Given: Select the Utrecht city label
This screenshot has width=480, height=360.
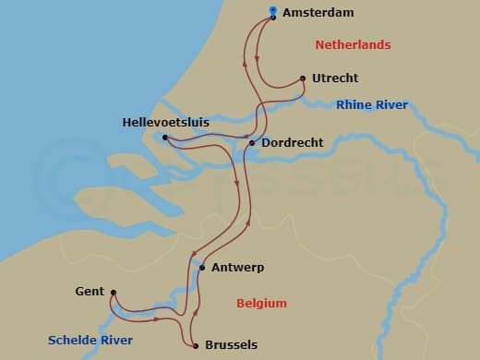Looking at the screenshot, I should click(x=335, y=78).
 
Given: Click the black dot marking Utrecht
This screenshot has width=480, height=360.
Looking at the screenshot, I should click(x=304, y=78).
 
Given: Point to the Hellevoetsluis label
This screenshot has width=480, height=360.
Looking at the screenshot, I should click(x=166, y=122).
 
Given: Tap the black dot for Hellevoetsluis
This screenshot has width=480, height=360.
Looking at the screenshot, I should click(x=164, y=138).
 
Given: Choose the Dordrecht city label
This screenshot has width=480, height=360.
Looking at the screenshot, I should click(x=291, y=143).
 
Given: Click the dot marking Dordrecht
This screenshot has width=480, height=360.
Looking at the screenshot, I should click(x=252, y=143).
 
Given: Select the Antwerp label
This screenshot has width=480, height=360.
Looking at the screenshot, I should click(x=237, y=268).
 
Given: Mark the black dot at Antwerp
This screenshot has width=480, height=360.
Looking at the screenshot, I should click(x=201, y=268).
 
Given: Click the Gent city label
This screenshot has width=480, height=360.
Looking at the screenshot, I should click(x=89, y=292).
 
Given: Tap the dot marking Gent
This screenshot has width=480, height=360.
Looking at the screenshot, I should click(x=113, y=294).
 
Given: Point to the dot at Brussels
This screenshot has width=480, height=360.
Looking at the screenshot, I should click(x=197, y=346).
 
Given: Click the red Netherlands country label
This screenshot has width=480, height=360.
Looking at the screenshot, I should click(x=353, y=45).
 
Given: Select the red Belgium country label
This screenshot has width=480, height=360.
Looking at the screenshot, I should click(x=261, y=303).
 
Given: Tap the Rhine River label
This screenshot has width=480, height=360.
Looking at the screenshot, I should click(x=372, y=105).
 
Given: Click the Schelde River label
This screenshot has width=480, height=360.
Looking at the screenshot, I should click(x=91, y=341).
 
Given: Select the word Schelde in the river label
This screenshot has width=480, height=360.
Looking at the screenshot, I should click(x=75, y=341).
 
